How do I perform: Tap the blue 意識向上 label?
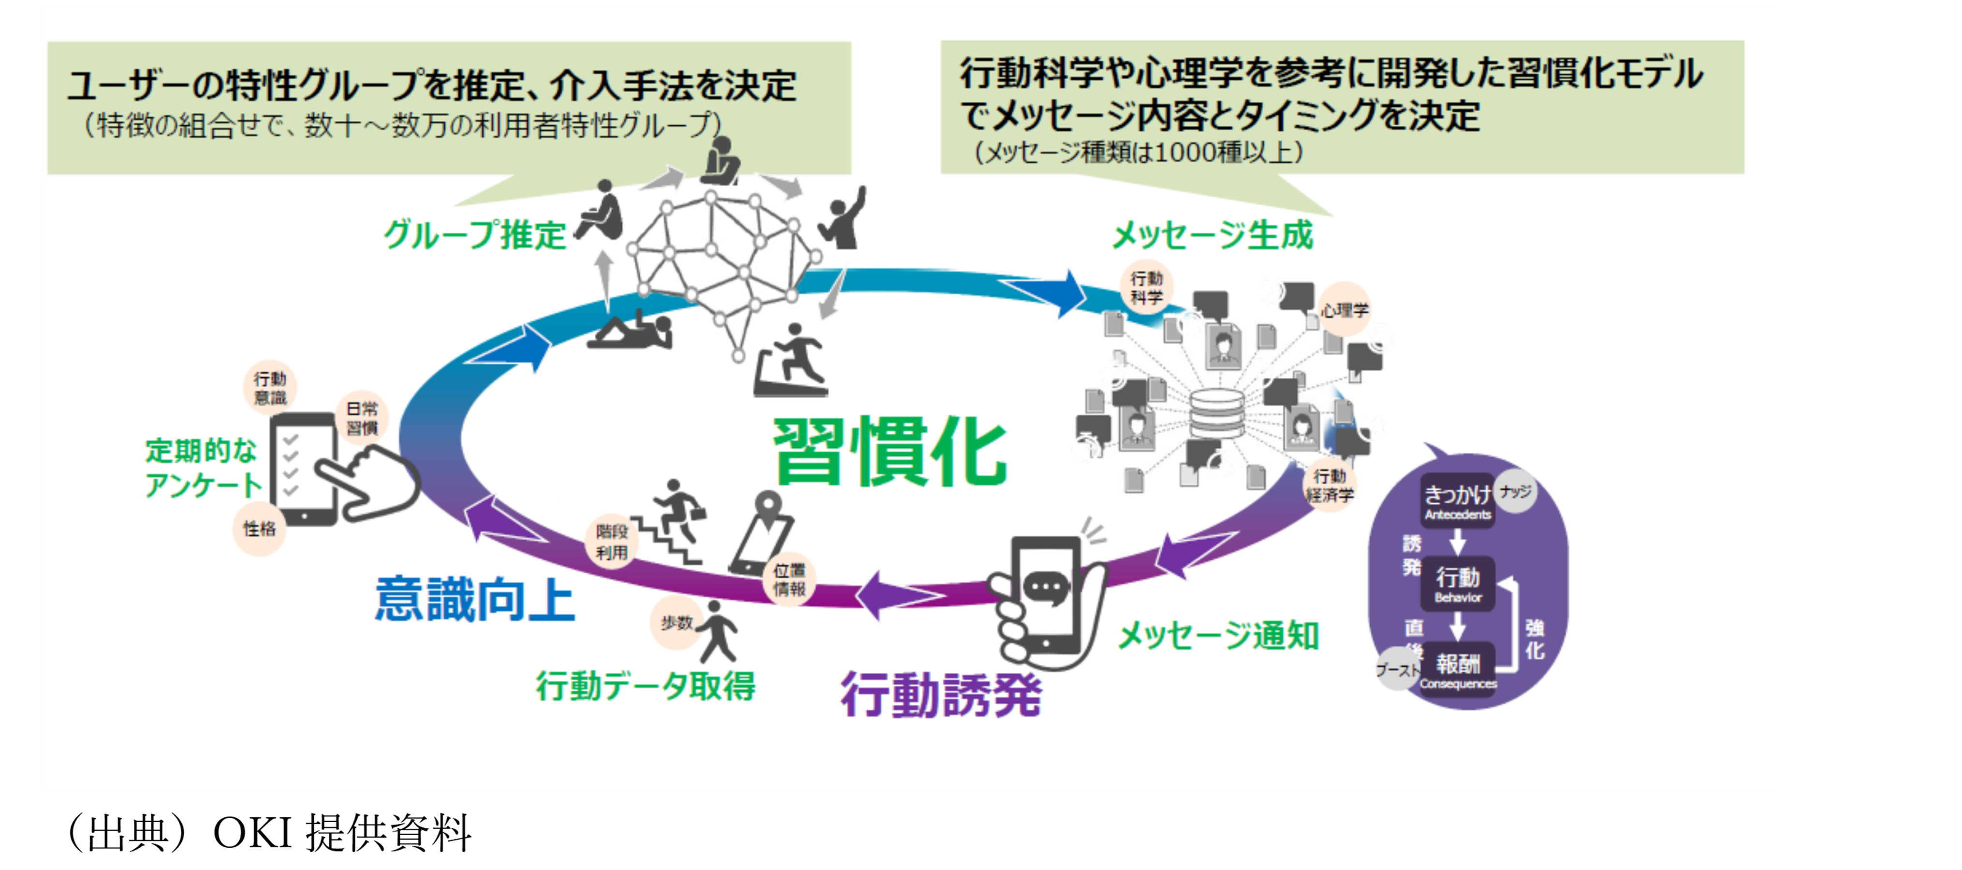(474, 600)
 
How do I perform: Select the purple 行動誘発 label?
(941, 694)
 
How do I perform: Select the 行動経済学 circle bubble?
(1330, 486)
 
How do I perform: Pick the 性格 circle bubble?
(259, 529)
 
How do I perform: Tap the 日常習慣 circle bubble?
(362, 419)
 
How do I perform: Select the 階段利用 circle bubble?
(612, 542)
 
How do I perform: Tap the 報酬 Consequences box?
(1458, 670)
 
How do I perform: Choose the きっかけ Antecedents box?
(1457, 501)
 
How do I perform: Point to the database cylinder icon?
(1216, 415)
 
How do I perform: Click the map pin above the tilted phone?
(768, 506)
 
